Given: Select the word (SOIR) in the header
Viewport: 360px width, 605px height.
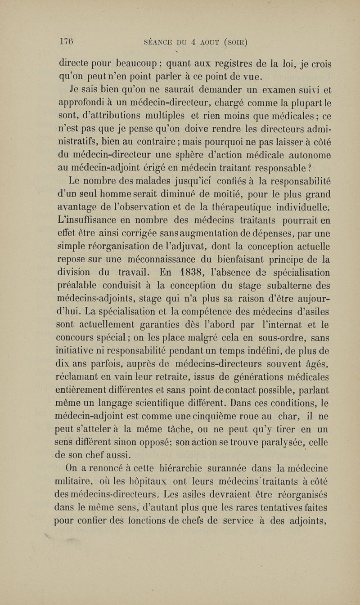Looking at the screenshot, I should [235, 44].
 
